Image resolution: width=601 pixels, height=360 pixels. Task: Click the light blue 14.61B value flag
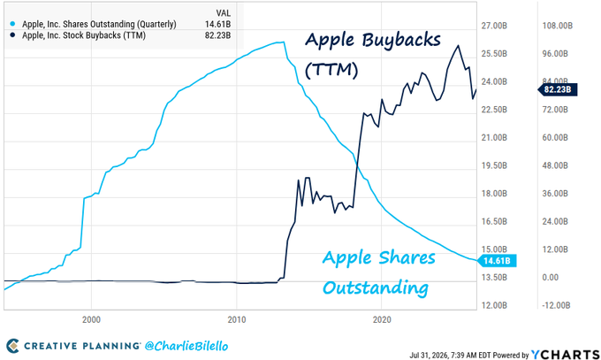[x=497, y=261]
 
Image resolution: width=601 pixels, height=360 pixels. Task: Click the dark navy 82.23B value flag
[x=558, y=89]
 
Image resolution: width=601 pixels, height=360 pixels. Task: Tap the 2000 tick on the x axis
[x=91, y=319]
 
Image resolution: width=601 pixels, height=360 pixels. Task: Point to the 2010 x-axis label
[x=237, y=319]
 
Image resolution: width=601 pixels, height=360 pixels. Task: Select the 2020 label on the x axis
[x=382, y=319]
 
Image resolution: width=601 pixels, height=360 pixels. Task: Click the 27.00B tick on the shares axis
[x=494, y=26]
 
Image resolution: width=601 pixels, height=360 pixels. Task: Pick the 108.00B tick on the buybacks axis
[x=558, y=26]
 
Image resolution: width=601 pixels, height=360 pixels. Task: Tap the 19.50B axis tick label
[x=494, y=165]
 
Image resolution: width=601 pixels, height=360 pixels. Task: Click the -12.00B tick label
[x=556, y=305]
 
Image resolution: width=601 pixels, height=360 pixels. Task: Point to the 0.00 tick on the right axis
[x=550, y=278]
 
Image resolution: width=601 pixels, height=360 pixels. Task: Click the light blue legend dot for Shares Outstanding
[x=12, y=24]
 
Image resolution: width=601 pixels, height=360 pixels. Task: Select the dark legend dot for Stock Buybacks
[x=12, y=35]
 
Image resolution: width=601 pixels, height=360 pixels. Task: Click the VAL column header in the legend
[x=224, y=13]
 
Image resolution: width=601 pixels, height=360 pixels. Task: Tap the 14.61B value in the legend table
[x=217, y=24]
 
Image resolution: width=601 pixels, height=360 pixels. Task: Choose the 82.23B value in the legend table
[x=217, y=35]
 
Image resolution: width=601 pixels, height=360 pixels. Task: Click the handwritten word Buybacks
[x=401, y=41]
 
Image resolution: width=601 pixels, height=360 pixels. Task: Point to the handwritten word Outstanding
[x=376, y=287]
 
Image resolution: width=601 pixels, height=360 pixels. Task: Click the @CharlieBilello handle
[x=186, y=346]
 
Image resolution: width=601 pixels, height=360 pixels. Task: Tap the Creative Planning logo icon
[x=12, y=346]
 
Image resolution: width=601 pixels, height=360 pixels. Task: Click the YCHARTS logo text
[x=566, y=354]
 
